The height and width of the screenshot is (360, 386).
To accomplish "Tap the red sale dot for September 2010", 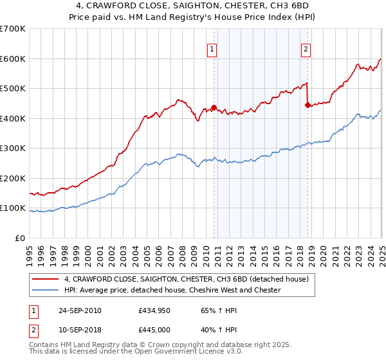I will pos(214,108).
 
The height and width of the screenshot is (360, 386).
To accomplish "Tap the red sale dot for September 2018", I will pos(308,105).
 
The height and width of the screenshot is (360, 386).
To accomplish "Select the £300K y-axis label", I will pos(13,148).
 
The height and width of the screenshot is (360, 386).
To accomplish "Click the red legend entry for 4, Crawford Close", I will pos(187,279).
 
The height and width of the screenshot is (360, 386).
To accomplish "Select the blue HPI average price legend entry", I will pos(172,291).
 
